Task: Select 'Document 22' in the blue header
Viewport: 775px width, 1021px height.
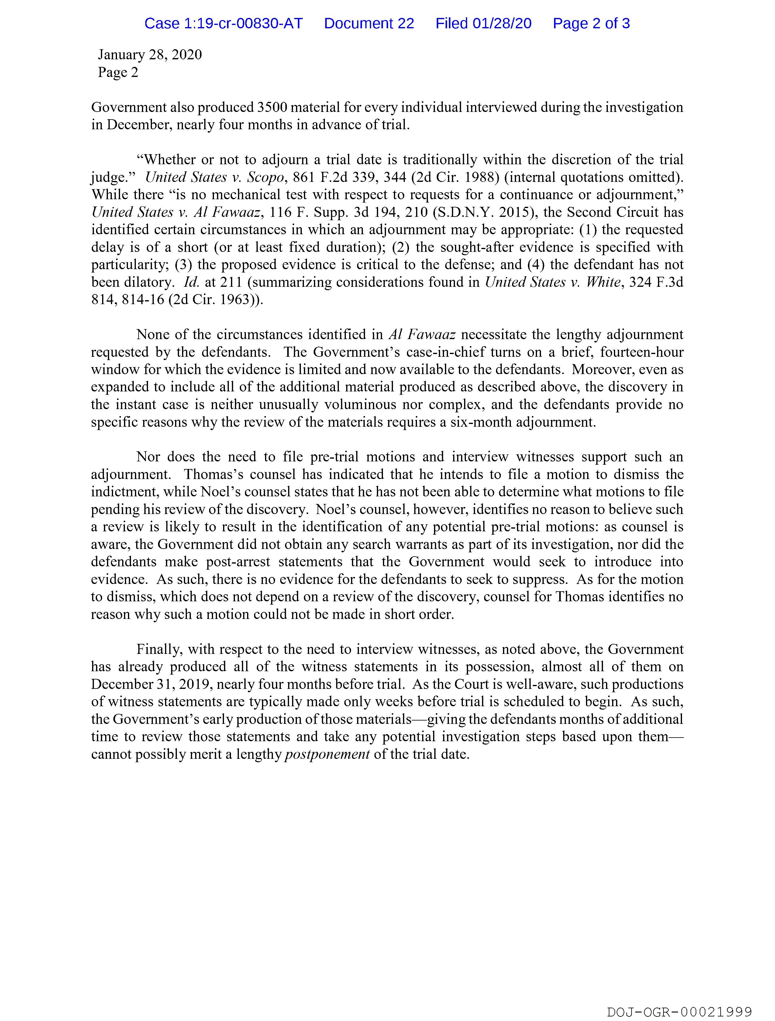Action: [369, 23]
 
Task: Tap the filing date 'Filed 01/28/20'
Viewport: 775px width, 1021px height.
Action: [484, 23]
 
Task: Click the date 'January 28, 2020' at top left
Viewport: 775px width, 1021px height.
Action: [150, 55]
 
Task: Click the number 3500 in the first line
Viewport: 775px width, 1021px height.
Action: [272, 108]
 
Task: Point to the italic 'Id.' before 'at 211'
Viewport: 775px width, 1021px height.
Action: [191, 282]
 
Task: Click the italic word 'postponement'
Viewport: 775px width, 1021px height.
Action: [328, 755]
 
